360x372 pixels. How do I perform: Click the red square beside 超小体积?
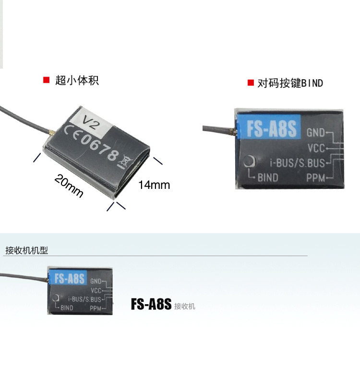(47, 80)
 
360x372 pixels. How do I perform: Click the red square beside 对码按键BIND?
(250, 83)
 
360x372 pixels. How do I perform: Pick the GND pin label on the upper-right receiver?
(316, 132)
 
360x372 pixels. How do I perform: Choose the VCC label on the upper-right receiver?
(316, 147)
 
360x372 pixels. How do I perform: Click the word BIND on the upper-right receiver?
(267, 177)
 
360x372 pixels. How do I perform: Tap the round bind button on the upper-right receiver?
(249, 162)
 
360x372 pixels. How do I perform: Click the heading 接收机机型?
(26, 250)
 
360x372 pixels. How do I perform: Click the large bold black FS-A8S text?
(151, 305)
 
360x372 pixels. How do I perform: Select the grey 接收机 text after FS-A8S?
(185, 306)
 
